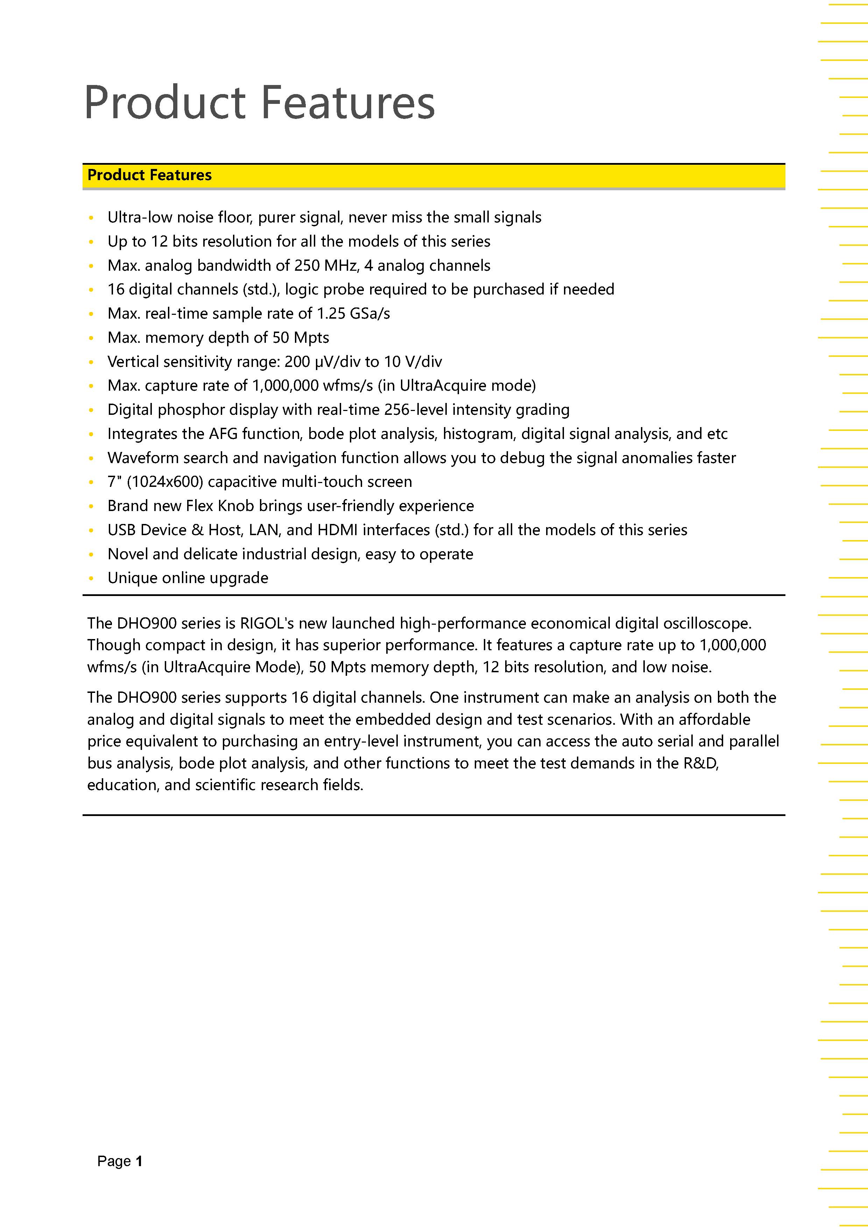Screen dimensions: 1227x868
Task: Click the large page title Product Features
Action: [259, 102]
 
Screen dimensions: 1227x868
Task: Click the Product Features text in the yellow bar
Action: [150, 175]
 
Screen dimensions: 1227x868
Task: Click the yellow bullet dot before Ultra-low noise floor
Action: [91, 218]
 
